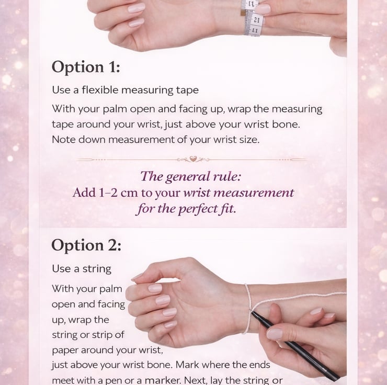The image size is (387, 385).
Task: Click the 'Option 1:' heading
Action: [86, 67]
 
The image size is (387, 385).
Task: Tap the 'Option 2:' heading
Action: [86, 245]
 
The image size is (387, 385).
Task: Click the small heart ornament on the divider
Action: [193, 158]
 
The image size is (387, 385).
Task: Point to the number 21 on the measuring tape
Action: [256, 20]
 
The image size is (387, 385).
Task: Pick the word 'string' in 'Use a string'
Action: [97, 269]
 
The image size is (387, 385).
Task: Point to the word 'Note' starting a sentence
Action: [64, 140]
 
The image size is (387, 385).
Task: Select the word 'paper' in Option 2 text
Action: [65, 350]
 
